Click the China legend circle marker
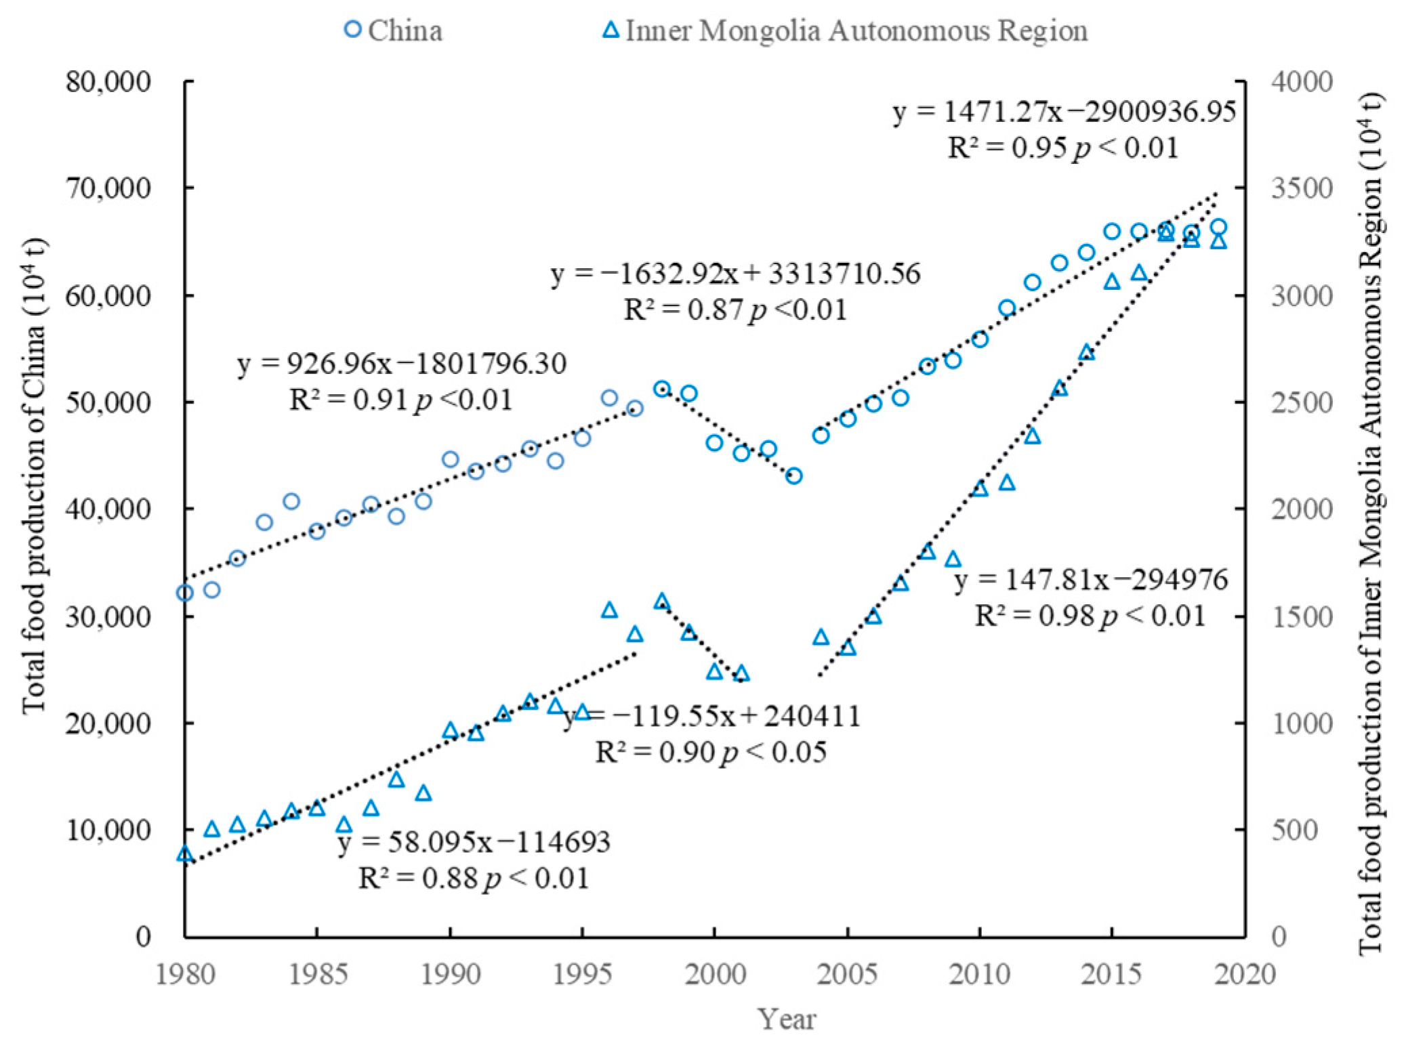click(352, 29)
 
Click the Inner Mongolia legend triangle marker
click(611, 30)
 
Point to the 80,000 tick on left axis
click(108, 82)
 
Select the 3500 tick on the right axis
click(1302, 188)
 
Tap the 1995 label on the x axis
click(581, 975)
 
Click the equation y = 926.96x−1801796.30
click(402, 364)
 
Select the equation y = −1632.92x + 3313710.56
click(735, 274)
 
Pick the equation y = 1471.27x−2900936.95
click(1064, 111)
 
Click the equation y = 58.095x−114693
click(474, 842)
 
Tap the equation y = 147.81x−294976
click(1090, 580)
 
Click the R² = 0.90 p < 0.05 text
click(711, 753)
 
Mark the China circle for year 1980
click(184, 593)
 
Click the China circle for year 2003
click(794, 476)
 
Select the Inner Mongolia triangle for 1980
click(184, 854)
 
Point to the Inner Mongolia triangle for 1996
click(609, 610)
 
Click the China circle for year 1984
click(291, 501)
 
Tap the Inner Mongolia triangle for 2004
click(821, 637)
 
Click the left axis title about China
click(34, 474)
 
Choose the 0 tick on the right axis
click(1279, 937)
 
